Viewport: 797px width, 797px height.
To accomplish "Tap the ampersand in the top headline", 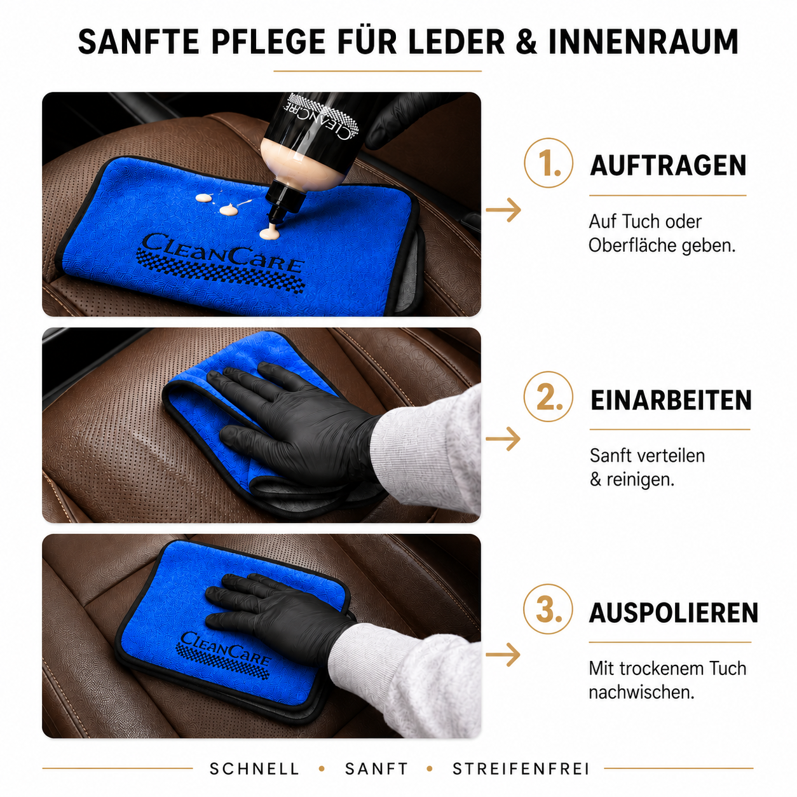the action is tap(526, 42).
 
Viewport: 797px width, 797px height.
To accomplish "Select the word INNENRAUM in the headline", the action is tap(644, 42).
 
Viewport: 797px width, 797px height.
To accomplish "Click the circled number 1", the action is tap(548, 163).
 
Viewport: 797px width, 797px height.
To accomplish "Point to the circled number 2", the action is tap(548, 397).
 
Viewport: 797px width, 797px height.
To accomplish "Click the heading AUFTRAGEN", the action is tap(668, 165).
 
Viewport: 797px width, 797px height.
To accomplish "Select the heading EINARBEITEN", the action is tap(671, 400).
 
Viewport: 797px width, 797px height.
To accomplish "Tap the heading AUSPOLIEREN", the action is tap(673, 613).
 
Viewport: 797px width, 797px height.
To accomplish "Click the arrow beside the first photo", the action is tap(503, 210).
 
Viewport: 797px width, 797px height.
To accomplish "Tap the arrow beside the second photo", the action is tap(503, 439).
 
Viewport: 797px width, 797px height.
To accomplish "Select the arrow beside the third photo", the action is tap(503, 654).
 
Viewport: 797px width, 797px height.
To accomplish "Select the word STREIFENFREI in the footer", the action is tap(521, 769).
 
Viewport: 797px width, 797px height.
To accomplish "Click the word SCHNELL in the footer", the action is tap(254, 769).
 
